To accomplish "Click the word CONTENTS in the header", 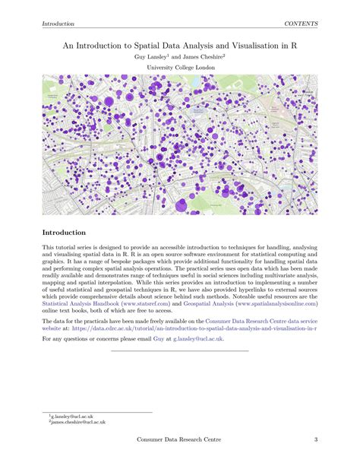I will tap(301, 24).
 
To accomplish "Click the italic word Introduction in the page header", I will tap(58, 24).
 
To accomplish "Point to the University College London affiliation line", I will tap(179, 68).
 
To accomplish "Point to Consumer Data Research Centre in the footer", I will tap(179, 441).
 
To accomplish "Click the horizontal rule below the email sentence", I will tap(179, 350).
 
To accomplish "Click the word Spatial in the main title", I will tap(152, 45).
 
